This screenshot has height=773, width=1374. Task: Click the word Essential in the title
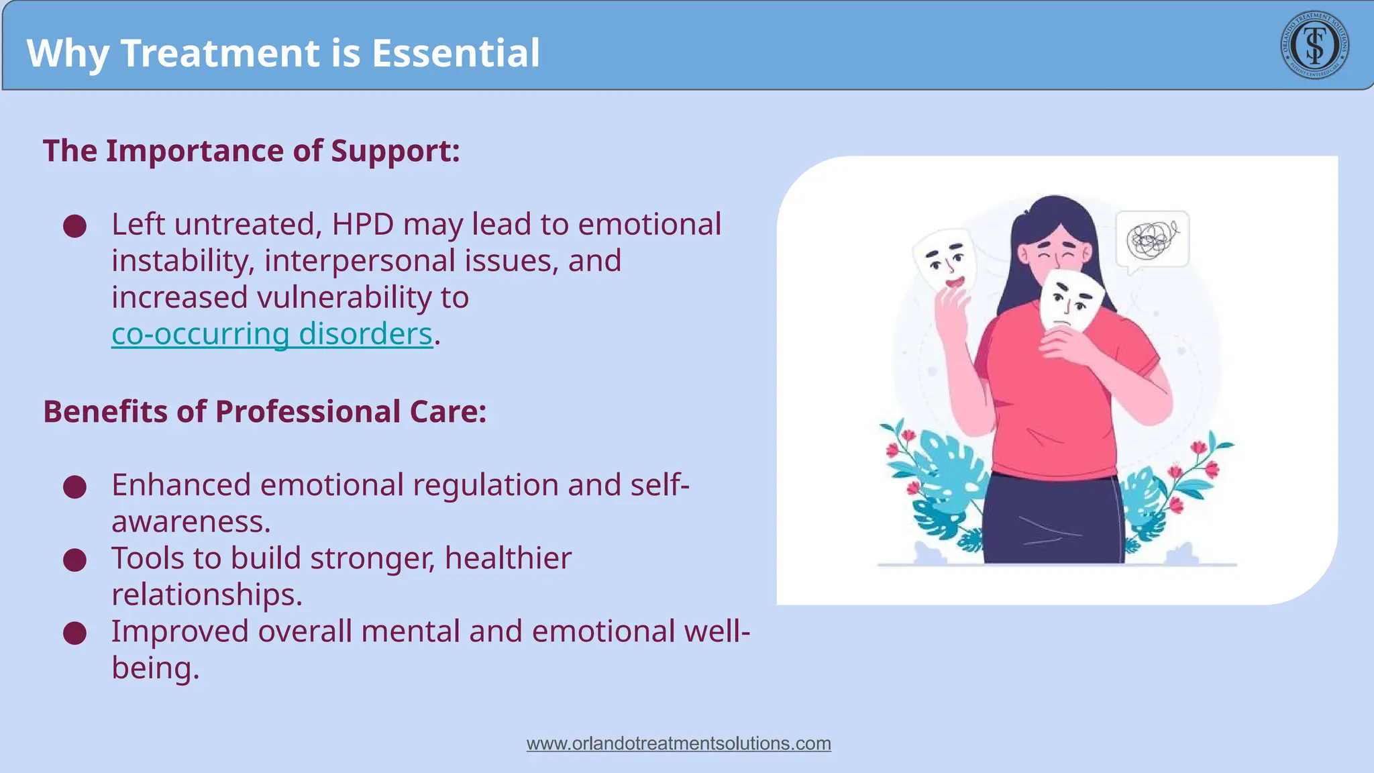click(x=456, y=53)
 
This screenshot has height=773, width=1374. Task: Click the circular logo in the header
click(x=1314, y=45)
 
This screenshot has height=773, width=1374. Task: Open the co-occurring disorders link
click(x=272, y=334)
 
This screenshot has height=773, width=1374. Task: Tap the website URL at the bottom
click(x=678, y=743)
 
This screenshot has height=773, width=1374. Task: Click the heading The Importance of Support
click(x=251, y=150)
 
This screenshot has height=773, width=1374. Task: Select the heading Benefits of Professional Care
click(x=264, y=411)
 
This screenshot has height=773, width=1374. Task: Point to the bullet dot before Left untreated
click(x=74, y=226)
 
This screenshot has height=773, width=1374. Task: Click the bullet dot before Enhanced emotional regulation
click(x=74, y=487)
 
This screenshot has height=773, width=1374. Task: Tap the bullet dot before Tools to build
click(x=74, y=560)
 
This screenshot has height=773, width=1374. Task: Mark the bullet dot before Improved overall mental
click(x=74, y=633)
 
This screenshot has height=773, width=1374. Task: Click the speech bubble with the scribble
click(x=1152, y=240)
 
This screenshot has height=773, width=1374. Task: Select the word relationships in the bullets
click(x=205, y=595)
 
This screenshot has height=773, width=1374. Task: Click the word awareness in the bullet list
click(x=190, y=521)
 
